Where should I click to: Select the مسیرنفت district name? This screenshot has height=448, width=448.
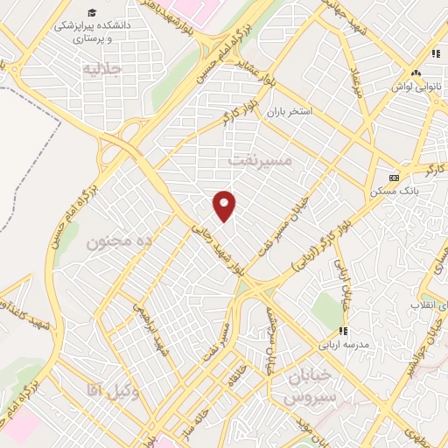pyautogui.click(x=259, y=160)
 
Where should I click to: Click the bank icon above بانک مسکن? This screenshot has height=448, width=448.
pyautogui.click(x=395, y=174)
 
